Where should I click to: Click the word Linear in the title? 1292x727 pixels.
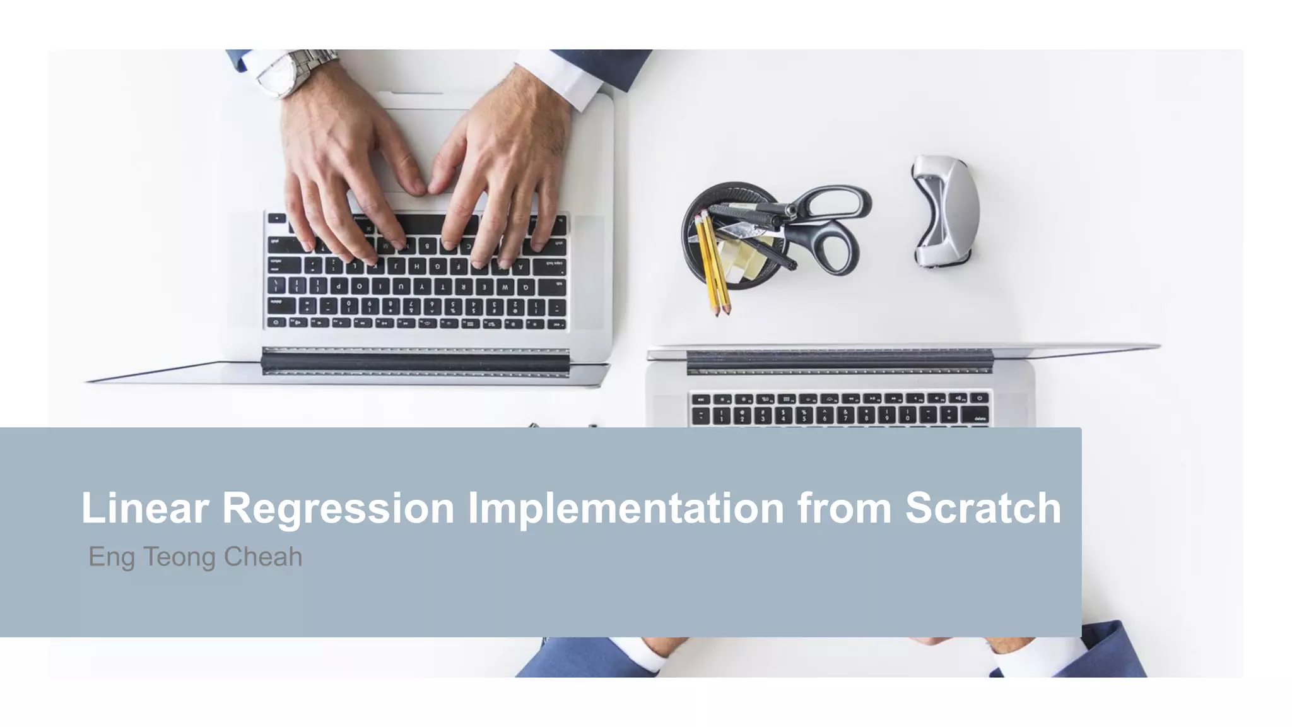click(x=144, y=508)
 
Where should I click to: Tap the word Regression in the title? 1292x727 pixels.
click(x=338, y=508)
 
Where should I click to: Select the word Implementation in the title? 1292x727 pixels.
click(x=625, y=508)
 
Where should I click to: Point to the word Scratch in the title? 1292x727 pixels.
click(x=983, y=508)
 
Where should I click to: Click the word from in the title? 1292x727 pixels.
click(x=844, y=508)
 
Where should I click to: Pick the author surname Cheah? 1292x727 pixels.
click(x=263, y=557)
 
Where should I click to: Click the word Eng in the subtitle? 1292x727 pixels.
click(x=111, y=557)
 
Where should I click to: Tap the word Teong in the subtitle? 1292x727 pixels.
click(x=179, y=557)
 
